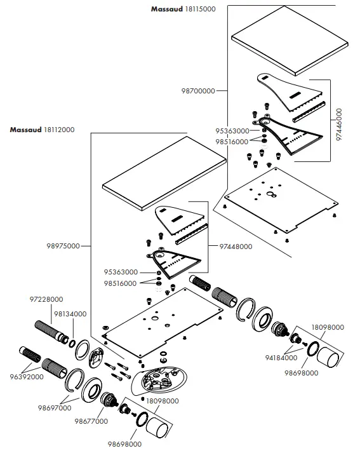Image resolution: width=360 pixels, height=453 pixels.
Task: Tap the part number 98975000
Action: pyautogui.click(x=63, y=246)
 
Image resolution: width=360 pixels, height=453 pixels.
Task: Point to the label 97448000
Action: pyautogui.click(x=236, y=247)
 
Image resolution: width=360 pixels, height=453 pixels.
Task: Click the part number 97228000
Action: pyautogui.click(x=46, y=299)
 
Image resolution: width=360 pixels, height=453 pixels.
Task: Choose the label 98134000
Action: pyautogui.click(x=70, y=314)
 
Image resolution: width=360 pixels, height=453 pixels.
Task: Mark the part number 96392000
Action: pyautogui.click(x=27, y=376)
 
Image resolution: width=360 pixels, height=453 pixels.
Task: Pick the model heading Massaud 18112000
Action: pyautogui.click(x=42, y=130)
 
